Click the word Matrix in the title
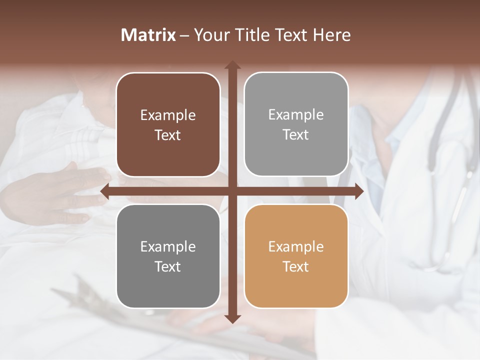coord(148,35)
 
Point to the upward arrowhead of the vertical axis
coord(232,65)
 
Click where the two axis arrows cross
coord(232,191)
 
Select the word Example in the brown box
coord(168,115)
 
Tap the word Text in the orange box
coord(296,267)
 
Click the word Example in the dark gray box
coord(168,246)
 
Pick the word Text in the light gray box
coord(296,135)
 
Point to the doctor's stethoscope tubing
coord(440,120)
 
